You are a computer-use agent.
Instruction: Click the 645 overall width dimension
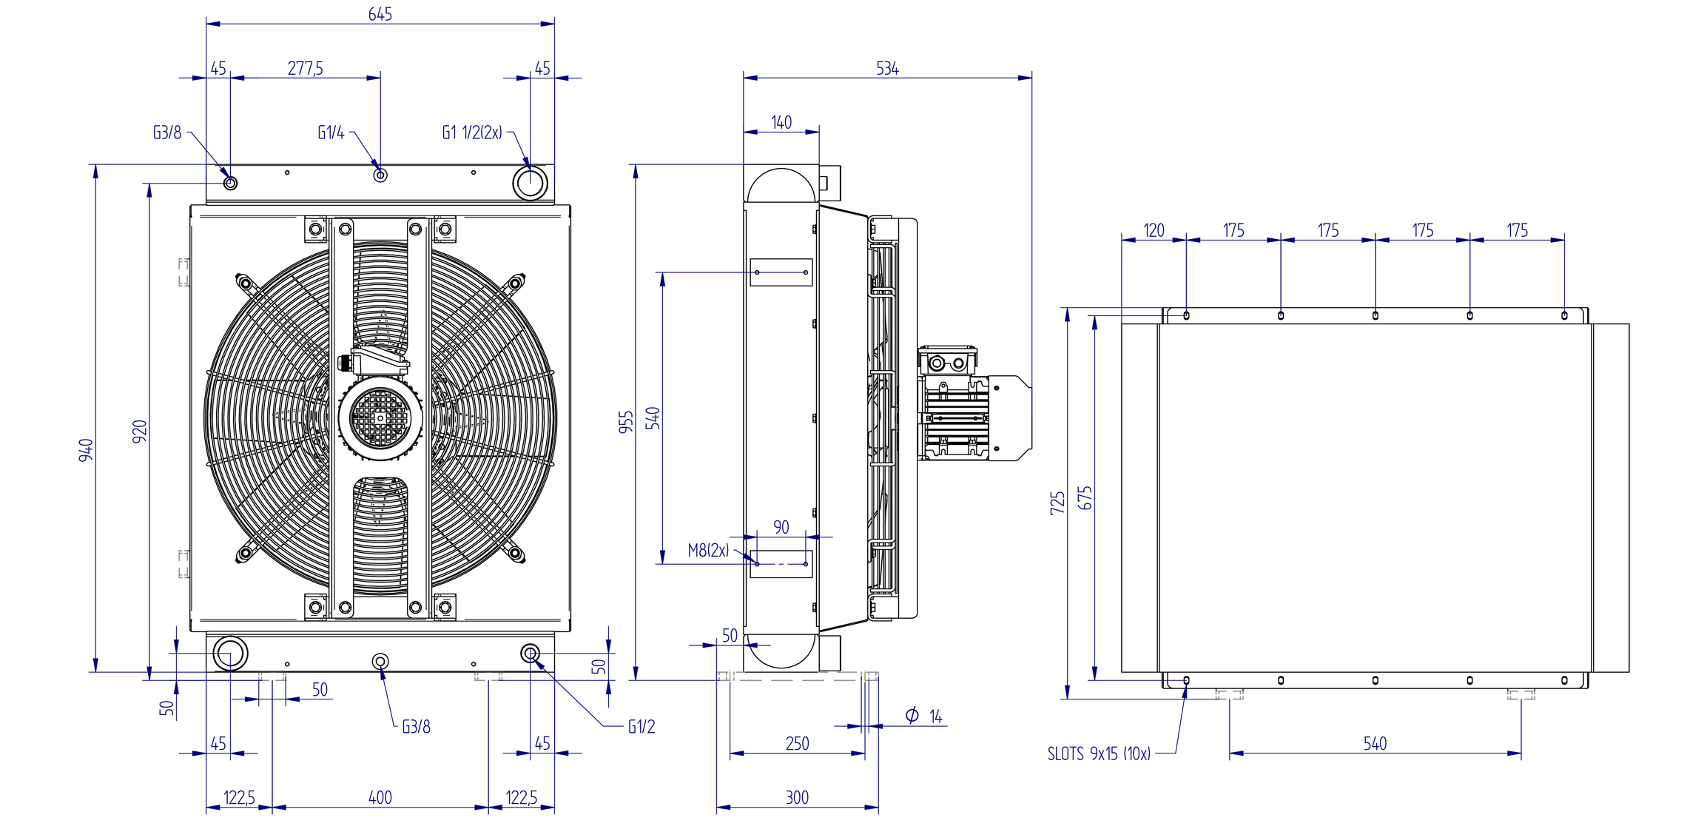coord(380,14)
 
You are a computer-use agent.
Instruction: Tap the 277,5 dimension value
coord(305,68)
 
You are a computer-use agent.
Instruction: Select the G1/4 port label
coord(331,132)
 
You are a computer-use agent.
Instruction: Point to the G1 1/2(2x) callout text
coord(472,132)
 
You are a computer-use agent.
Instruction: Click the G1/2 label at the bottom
coord(642,727)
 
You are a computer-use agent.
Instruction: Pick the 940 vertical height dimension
coord(87,450)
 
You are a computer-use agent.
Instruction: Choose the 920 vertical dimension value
coord(140,432)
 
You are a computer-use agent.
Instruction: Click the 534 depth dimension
coord(887,69)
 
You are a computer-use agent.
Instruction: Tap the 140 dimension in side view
coord(781,122)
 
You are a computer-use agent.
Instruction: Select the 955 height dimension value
coord(626,422)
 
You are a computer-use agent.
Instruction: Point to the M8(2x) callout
coord(708,550)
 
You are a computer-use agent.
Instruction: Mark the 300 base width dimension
coord(797,797)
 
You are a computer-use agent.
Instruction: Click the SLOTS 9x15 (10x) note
coord(1099,754)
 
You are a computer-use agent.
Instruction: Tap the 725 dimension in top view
coord(1057,503)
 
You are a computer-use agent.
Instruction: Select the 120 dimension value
coord(1154,230)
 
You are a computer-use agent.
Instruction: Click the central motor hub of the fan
coord(380,418)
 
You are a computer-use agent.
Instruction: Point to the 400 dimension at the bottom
coord(380,797)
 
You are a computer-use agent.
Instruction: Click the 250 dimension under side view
coord(797,743)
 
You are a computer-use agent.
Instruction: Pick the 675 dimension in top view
coord(1085,497)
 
